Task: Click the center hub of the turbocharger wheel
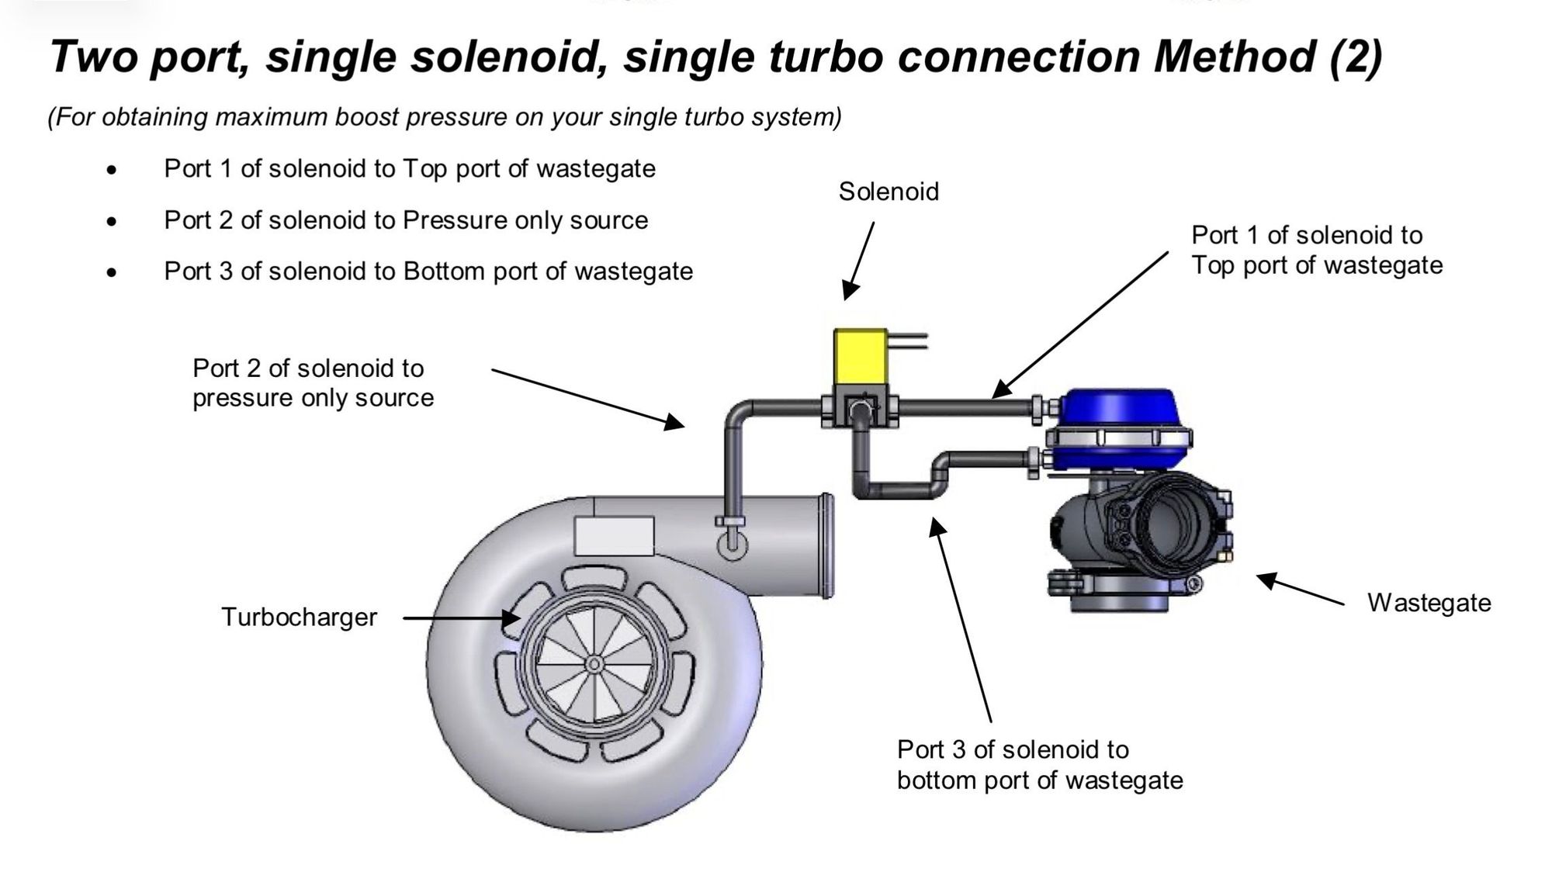click(594, 664)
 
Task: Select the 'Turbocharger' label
click(299, 618)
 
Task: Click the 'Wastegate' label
click(1429, 603)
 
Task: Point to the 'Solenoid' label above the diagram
click(889, 192)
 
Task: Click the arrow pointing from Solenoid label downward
click(860, 261)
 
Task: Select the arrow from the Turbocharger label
click(462, 618)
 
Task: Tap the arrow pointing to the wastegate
click(1300, 589)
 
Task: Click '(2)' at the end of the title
click(1355, 56)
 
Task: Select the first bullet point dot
click(113, 170)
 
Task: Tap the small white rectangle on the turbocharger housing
click(614, 535)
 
